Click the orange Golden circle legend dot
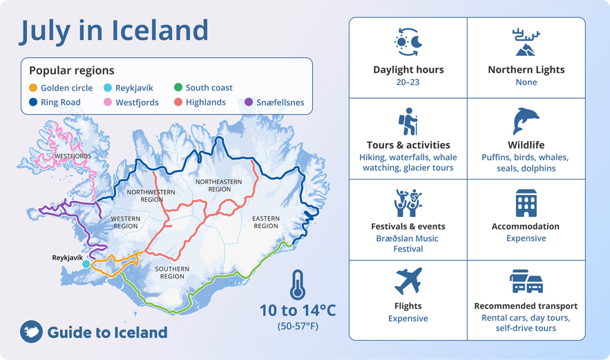click(x=33, y=88)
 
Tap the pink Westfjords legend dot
click(x=108, y=102)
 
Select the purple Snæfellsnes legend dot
click(x=249, y=102)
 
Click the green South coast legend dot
click(x=178, y=87)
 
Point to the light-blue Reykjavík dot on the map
click(x=86, y=264)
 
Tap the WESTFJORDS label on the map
click(x=73, y=156)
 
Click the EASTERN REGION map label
click(x=266, y=222)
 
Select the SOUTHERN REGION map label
click(x=172, y=272)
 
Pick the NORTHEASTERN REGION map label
click(x=218, y=185)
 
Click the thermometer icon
click(x=298, y=285)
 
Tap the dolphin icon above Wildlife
click(x=526, y=121)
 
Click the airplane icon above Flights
click(x=408, y=281)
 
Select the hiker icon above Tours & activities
click(x=408, y=122)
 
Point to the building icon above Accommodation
click(x=526, y=202)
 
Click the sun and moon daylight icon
click(x=408, y=42)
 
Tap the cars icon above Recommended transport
click(x=526, y=281)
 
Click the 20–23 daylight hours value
click(x=408, y=82)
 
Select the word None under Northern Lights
click(x=526, y=82)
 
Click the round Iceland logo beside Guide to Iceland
click(x=31, y=332)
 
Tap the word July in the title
click(x=45, y=31)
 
